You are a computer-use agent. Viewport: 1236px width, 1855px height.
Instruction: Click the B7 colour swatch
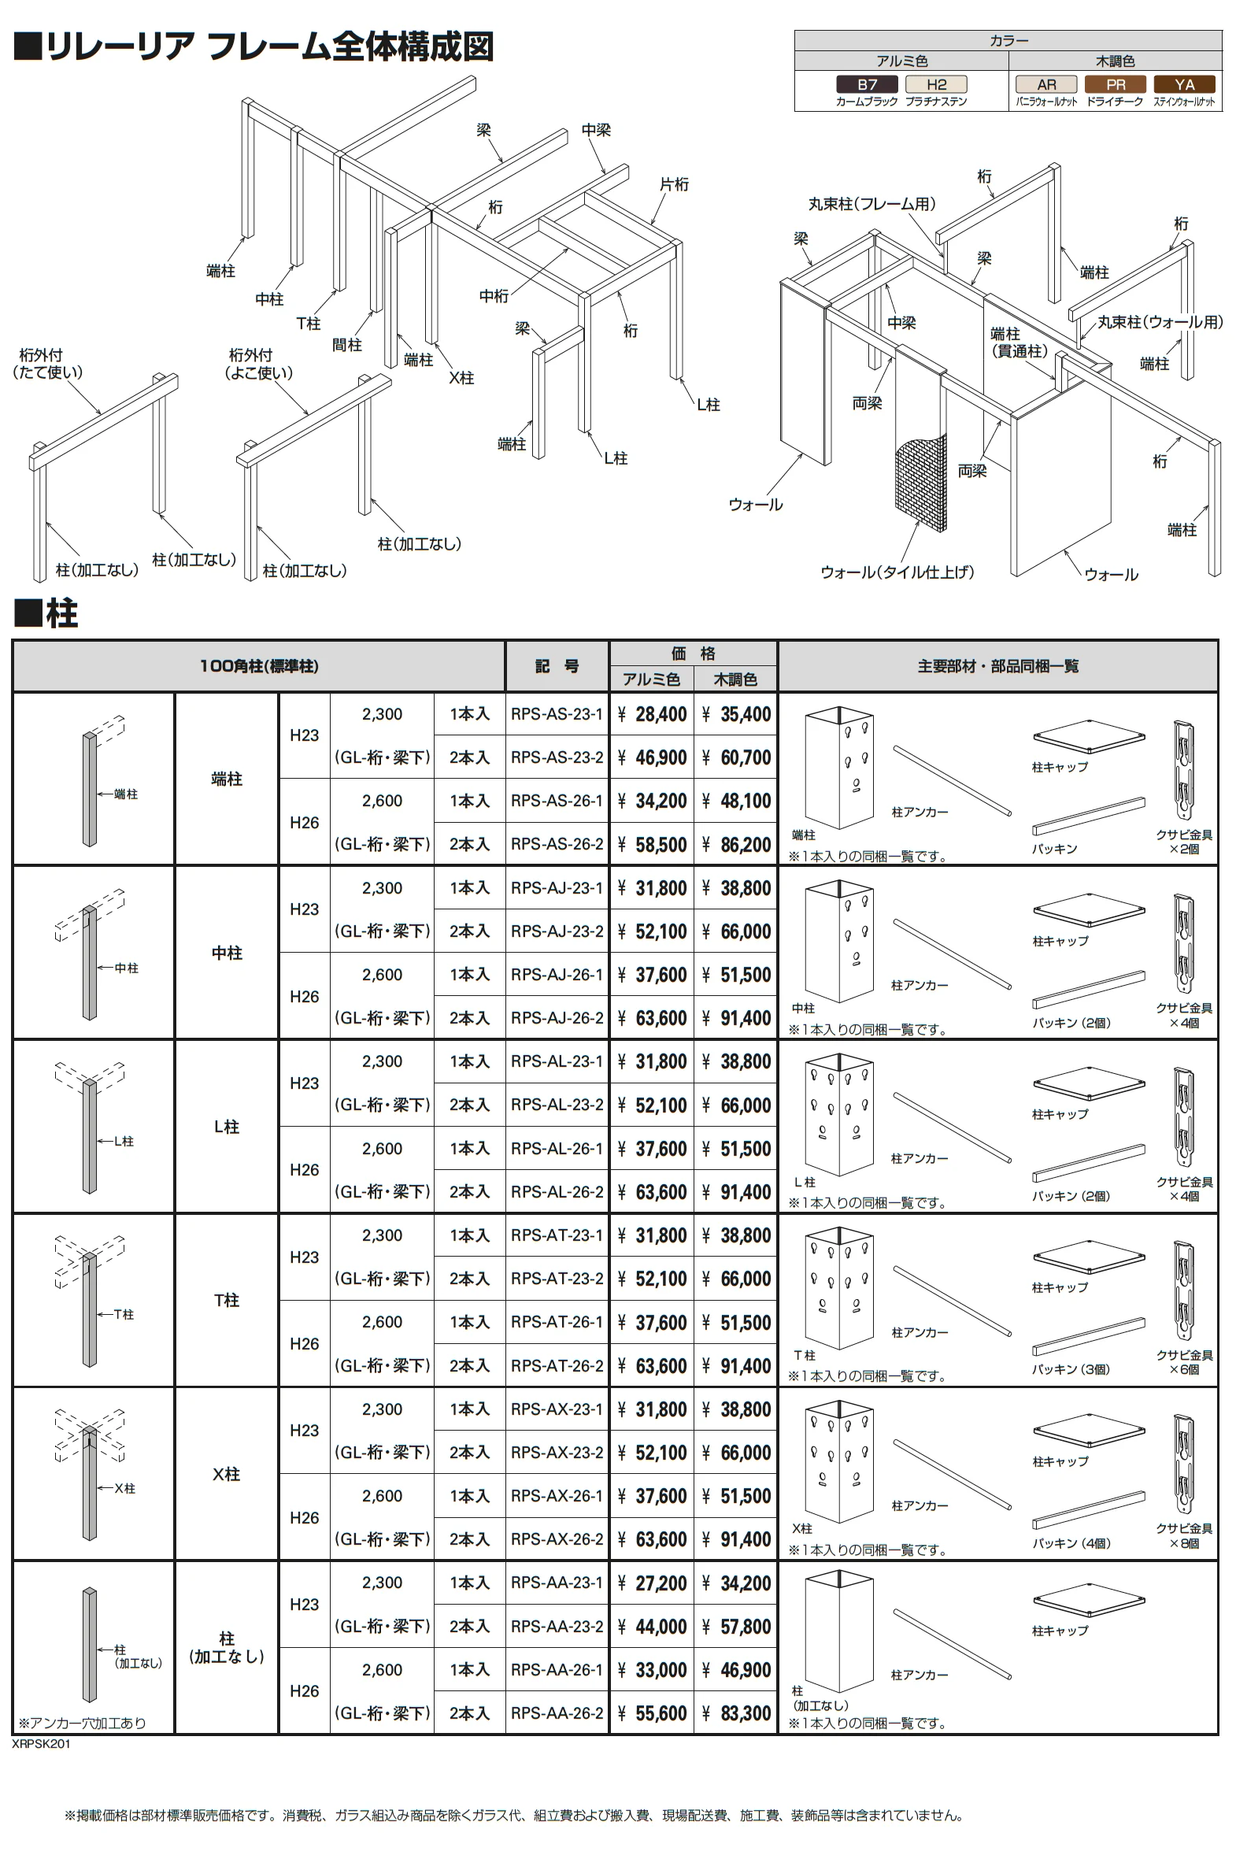pos(866,84)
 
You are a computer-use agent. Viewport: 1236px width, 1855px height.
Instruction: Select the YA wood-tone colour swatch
pos(1184,84)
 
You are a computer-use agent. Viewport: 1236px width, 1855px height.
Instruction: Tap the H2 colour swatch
pos(936,84)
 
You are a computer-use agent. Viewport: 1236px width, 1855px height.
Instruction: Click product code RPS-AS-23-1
pos(557,714)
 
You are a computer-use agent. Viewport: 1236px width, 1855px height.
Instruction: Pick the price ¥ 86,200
pos(736,844)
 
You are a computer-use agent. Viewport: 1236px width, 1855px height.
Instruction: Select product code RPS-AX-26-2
pos(557,1538)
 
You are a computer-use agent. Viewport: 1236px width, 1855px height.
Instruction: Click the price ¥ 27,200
pos(652,1583)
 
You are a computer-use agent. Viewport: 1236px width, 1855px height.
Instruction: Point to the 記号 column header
pos(557,666)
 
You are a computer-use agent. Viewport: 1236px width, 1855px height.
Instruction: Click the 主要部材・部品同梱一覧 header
pos(998,666)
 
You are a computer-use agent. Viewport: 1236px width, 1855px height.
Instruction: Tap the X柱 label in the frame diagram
pos(461,378)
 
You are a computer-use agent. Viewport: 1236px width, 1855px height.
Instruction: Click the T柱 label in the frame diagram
pos(308,324)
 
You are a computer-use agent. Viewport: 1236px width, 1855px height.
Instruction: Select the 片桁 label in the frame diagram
pos(674,183)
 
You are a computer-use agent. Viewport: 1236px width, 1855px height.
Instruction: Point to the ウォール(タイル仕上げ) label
pos(897,572)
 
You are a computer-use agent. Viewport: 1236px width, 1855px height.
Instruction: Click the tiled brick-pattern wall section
pos(920,481)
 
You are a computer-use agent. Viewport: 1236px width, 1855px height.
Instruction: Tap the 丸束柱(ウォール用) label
pos(1160,322)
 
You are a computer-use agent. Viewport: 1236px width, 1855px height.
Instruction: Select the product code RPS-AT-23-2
pos(557,1279)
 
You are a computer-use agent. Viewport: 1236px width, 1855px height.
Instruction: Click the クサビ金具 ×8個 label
pos(1184,1535)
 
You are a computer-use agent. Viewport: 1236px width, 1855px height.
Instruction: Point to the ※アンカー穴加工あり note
pos(82,1723)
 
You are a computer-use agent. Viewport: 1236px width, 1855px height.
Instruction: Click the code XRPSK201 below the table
pos(41,1744)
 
